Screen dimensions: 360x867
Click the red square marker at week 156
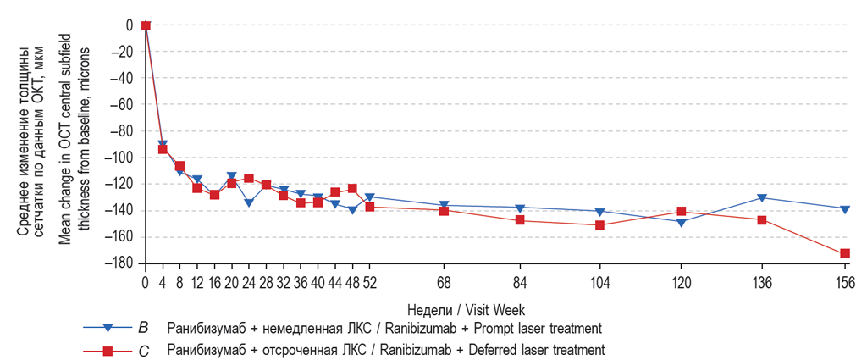(x=843, y=253)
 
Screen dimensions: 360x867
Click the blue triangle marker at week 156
(x=843, y=208)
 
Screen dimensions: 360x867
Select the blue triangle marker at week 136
(x=762, y=197)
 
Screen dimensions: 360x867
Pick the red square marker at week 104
(x=599, y=225)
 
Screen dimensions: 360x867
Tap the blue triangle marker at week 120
(x=681, y=222)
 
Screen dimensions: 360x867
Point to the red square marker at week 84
(x=520, y=220)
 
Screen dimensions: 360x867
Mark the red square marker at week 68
(x=444, y=210)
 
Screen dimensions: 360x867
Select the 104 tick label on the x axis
(x=599, y=282)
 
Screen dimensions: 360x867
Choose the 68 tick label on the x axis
(x=444, y=282)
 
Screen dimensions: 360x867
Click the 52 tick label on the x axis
(x=369, y=282)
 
